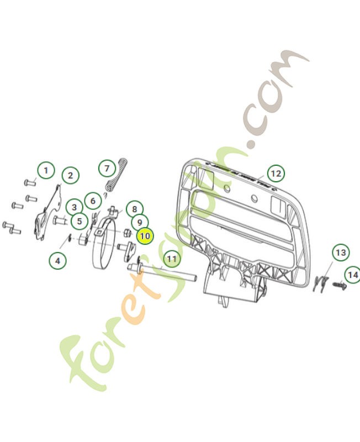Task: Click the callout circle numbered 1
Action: coord(46,170)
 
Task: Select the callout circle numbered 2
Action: coord(70,176)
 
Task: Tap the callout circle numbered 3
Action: coord(73,208)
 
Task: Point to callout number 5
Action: coord(80,222)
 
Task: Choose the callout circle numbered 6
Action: coord(93,201)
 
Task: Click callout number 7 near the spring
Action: coord(107,167)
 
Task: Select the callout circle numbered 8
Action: coord(133,209)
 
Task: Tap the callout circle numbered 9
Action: coord(140,223)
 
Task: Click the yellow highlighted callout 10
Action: coord(145,236)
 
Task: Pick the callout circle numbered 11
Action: coord(172,258)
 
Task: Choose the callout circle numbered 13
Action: coord(341,252)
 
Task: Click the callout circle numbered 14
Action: coord(352,274)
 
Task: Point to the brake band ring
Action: coord(102,251)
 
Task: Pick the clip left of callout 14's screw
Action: coord(320,282)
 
